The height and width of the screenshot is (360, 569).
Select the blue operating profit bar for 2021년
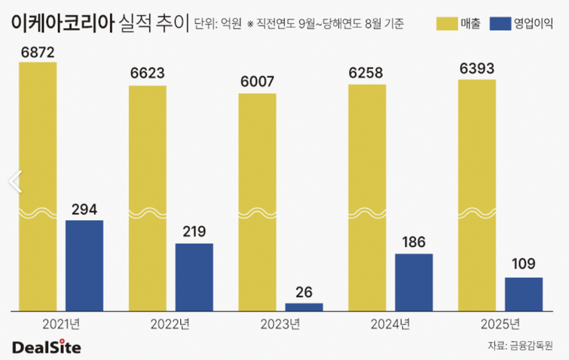click(84, 265)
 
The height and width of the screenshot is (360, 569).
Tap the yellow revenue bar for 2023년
click(257, 202)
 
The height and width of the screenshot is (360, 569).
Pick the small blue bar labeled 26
click(304, 307)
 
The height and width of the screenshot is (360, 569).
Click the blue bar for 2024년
click(414, 282)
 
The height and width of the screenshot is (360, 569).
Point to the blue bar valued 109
click(524, 294)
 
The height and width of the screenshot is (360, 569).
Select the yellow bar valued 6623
click(148, 198)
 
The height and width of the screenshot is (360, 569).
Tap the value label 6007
click(257, 81)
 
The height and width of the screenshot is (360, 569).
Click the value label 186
click(414, 243)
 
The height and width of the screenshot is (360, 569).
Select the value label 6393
click(477, 69)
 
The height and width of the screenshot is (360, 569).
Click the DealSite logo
click(46, 346)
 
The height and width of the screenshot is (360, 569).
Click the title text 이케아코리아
click(63, 23)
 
